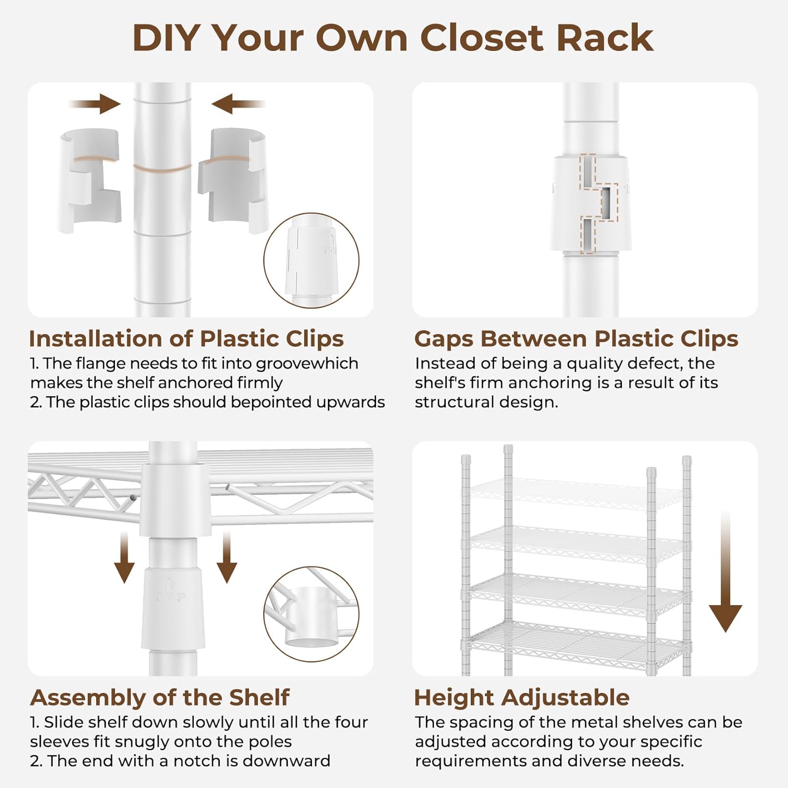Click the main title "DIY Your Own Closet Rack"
pyautogui.click(x=393, y=38)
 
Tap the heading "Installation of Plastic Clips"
pyautogui.click(x=186, y=339)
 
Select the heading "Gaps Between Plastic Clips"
pyautogui.click(x=576, y=339)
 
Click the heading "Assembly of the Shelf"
pyautogui.click(x=160, y=698)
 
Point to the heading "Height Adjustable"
pyautogui.click(x=522, y=698)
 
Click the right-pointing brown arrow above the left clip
pyautogui.click(x=95, y=104)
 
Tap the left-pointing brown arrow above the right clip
pyautogui.click(x=238, y=104)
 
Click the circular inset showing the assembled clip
pyautogui.click(x=312, y=261)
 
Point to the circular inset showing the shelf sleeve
pyautogui.click(x=312, y=615)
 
